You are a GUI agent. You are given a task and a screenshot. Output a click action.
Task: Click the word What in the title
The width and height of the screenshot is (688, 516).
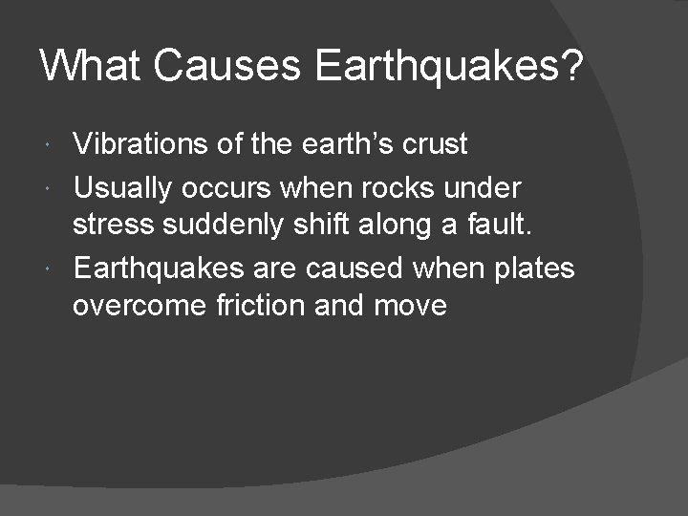pos(90,67)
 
